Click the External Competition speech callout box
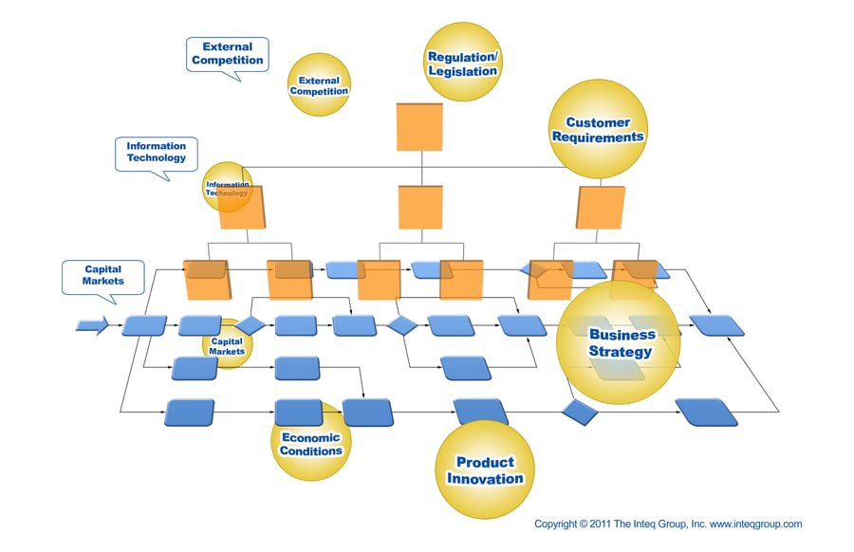tap(227, 53)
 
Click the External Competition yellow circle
tap(319, 85)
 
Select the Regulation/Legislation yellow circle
tap(462, 63)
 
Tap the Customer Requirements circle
tap(599, 128)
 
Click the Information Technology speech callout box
tap(156, 153)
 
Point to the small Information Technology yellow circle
tap(228, 187)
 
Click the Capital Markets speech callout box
tap(102, 275)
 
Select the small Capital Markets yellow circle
tap(227, 345)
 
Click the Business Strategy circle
tap(619, 342)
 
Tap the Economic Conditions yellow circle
tap(310, 443)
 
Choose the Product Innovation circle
tap(485, 469)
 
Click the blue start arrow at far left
tap(92, 325)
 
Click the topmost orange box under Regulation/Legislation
tap(419, 127)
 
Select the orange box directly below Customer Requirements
tap(602, 207)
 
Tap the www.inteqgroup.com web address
tap(755, 524)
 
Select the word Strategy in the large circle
tap(620, 352)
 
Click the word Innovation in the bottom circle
tap(485, 478)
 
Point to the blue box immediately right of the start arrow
tap(144, 325)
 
